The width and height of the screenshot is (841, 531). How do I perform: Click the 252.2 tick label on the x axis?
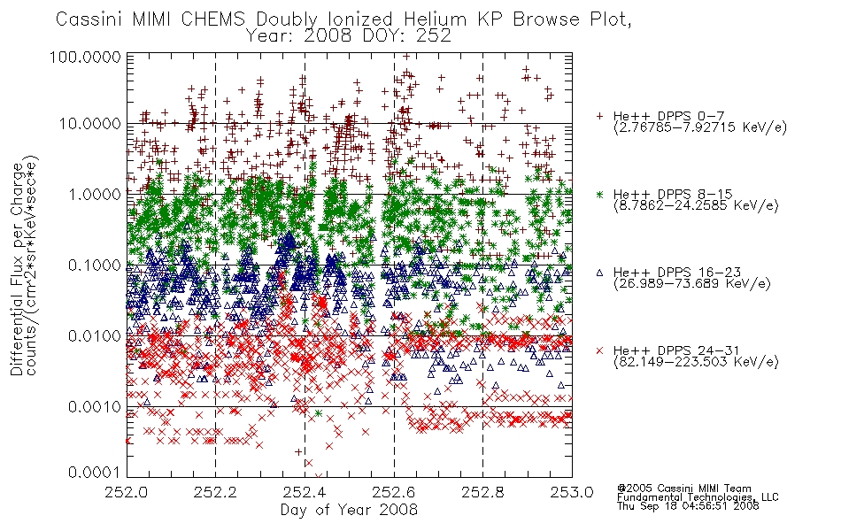pyautogui.click(x=215, y=492)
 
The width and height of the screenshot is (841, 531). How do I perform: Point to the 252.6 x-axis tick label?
pyautogui.click(x=394, y=492)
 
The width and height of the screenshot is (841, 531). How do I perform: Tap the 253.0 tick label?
pyautogui.click(x=572, y=492)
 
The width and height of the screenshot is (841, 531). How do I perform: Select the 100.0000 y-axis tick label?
pyautogui.click(x=85, y=57)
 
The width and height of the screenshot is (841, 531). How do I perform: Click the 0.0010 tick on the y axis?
pyautogui.click(x=95, y=407)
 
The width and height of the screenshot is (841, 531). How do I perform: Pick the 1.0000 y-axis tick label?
pyautogui.click(x=95, y=194)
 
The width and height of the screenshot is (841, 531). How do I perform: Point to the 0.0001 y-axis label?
pyautogui.click(x=95, y=473)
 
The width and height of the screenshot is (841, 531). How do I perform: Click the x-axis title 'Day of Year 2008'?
pyautogui.click(x=349, y=510)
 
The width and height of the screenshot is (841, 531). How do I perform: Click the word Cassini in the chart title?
pyautogui.click(x=91, y=19)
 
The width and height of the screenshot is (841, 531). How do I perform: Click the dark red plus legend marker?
pyautogui.click(x=599, y=116)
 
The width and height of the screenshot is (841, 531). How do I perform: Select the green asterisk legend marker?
pyautogui.click(x=599, y=194)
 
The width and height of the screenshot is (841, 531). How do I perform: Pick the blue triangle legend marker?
pyautogui.click(x=599, y=273)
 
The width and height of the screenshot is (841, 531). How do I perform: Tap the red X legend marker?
pyautogui.click(x=599, y=350)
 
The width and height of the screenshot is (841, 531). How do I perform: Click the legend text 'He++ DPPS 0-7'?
pyautogui.click(x=669, y=116)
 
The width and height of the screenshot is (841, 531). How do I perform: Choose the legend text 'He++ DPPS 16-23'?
pyautogui.click(x=677, y=273)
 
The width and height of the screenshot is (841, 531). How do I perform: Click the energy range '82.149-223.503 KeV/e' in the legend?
pyautogui.click(x=696, y=362)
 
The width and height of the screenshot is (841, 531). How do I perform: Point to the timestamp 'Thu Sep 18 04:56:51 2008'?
pyautogui.click(x=688, y=506)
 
